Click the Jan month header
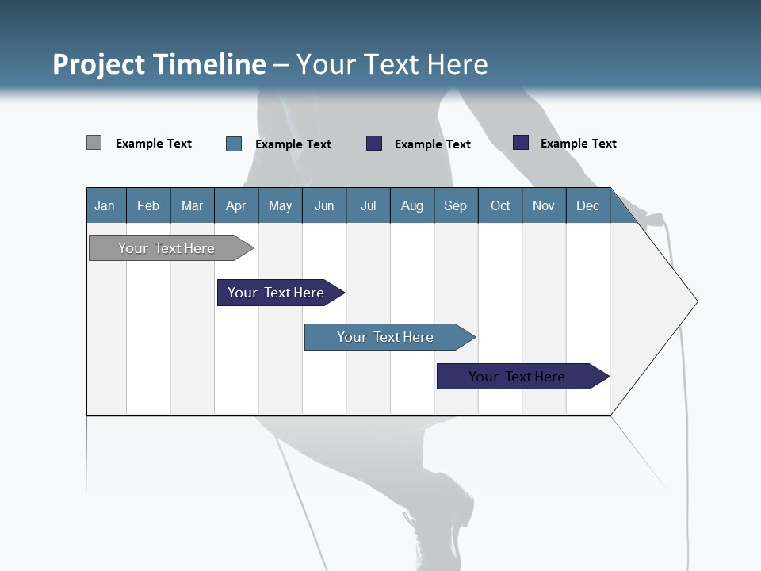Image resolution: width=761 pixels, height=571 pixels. [x=105, y=205]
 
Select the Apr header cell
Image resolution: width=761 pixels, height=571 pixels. [x=235, y=205]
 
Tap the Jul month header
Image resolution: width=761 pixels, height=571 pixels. [x=368, y=205]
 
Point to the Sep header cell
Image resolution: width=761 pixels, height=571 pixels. [x=455, y=205]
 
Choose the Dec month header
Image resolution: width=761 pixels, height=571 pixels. [x=587, y=205]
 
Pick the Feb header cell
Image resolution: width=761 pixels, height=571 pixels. [x=148, y=205]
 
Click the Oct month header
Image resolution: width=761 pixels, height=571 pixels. [x=500, y=205]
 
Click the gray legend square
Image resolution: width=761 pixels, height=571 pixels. [x=94, y=143]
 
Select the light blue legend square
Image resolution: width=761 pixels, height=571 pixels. [x=234, y=144]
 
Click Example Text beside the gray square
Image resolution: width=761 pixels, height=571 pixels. [x=154, y=144]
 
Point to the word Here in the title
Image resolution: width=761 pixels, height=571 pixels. [x=457, y=64]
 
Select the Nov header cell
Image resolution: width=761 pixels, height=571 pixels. [x=544, y=205]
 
